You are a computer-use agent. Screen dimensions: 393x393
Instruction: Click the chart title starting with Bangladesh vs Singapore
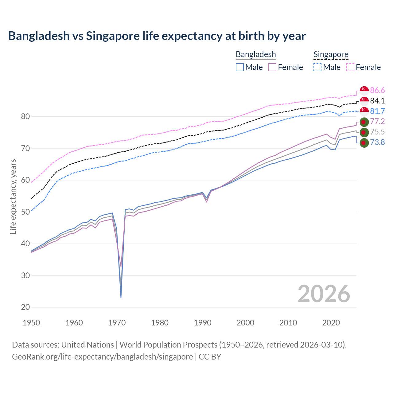pyautogui.click(x=157, y=36)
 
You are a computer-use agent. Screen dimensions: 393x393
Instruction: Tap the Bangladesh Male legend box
pyautogui.click(x=240, y=67)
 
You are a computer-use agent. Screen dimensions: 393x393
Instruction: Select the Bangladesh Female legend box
pyautogui.click(x=272, y=67)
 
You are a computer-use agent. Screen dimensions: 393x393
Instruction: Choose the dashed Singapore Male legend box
pyautogui.click(x=317, y=67)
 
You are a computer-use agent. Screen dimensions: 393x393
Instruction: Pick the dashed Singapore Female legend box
pyautogui.click(x=350, y=67)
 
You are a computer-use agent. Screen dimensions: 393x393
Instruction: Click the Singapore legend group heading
pyautogui.click(x=331, y=54)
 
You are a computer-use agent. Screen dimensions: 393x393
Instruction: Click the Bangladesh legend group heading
pyautogui.click(x=256, y=54)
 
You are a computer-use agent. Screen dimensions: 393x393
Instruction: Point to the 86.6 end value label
pyautogui.click(x=377, y=90)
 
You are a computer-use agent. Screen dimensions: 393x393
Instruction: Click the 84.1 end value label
pyautogui.click(x=377, y=101)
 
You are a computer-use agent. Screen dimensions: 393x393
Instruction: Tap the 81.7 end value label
pyautogui.click(x=377, y=111)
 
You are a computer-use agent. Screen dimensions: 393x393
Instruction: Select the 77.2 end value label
pyautogui.click(x=377, y=122)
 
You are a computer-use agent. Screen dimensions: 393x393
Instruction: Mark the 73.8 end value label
pyautogui.click(x=377, y=142)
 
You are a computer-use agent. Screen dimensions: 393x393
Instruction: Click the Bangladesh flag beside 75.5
pyautogui.click(x=364, y=132)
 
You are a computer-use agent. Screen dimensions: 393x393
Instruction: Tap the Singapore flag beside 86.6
pyautogui.click(x=364, y=91)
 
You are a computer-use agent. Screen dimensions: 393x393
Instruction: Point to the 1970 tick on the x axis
pyautogui.click(x=117, y=323)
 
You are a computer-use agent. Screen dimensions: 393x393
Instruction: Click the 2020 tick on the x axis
pyautogui.click(x=331, y=323)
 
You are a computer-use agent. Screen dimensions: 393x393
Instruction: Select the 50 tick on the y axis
pyautogui.click(x=25, y=212)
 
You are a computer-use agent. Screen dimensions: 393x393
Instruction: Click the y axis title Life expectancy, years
pyautogui.click(x=13, y=196)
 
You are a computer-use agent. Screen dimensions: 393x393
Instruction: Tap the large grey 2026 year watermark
pyautogui.click(x=324, y=294)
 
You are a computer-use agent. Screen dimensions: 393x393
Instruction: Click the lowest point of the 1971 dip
pyautogui.click(x=121, y=298)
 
